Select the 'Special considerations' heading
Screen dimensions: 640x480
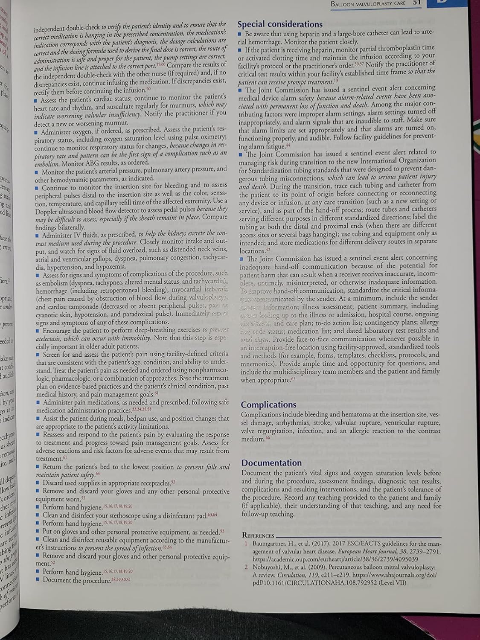tap(280, 24)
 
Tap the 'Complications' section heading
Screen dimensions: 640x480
tap(268, 404)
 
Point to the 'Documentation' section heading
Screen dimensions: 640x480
tap(271, 463)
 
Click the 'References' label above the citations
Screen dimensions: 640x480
tap(258, 535)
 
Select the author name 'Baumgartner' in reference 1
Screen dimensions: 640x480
tap(270, 544)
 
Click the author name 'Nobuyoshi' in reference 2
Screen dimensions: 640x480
tap(268, 567)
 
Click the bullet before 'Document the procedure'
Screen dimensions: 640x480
tap(38, 580)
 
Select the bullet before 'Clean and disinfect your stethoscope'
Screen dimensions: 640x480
tap(38, 515)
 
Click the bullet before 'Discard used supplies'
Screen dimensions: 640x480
tap(38, 483)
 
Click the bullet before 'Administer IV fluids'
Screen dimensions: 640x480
tap(38, 235)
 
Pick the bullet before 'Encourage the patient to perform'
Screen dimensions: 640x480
tap(38, 331)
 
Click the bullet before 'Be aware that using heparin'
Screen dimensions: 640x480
tap(240, 34)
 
